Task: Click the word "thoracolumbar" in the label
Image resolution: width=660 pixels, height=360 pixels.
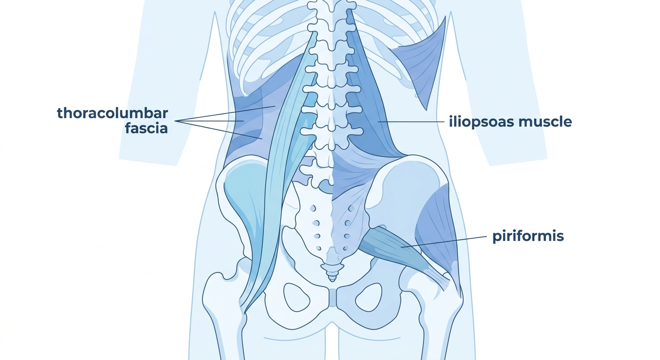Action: [x=112, y=113]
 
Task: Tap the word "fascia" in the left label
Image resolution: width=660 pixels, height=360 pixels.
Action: [x=146, y=128]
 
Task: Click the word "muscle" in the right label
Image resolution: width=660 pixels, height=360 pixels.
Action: [x=545, y=122]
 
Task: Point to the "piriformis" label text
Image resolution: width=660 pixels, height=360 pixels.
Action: [x=528, y=236]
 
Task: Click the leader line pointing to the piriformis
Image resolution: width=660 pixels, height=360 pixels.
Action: [x=443, y=242]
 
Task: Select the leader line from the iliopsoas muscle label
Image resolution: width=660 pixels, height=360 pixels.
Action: [x=411, y=121]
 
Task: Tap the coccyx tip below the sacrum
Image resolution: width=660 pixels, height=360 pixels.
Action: [x=332, y=278]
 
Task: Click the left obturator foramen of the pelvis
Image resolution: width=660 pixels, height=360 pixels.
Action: [x=296, y=297]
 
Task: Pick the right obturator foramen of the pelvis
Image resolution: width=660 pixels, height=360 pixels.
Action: [x=369, y=297]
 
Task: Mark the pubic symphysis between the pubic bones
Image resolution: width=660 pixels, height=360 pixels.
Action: [x=333, y=298]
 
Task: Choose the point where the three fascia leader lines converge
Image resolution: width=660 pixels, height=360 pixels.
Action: [x=175, y=121]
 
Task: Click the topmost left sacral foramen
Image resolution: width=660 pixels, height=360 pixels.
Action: [x=313, y=208]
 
